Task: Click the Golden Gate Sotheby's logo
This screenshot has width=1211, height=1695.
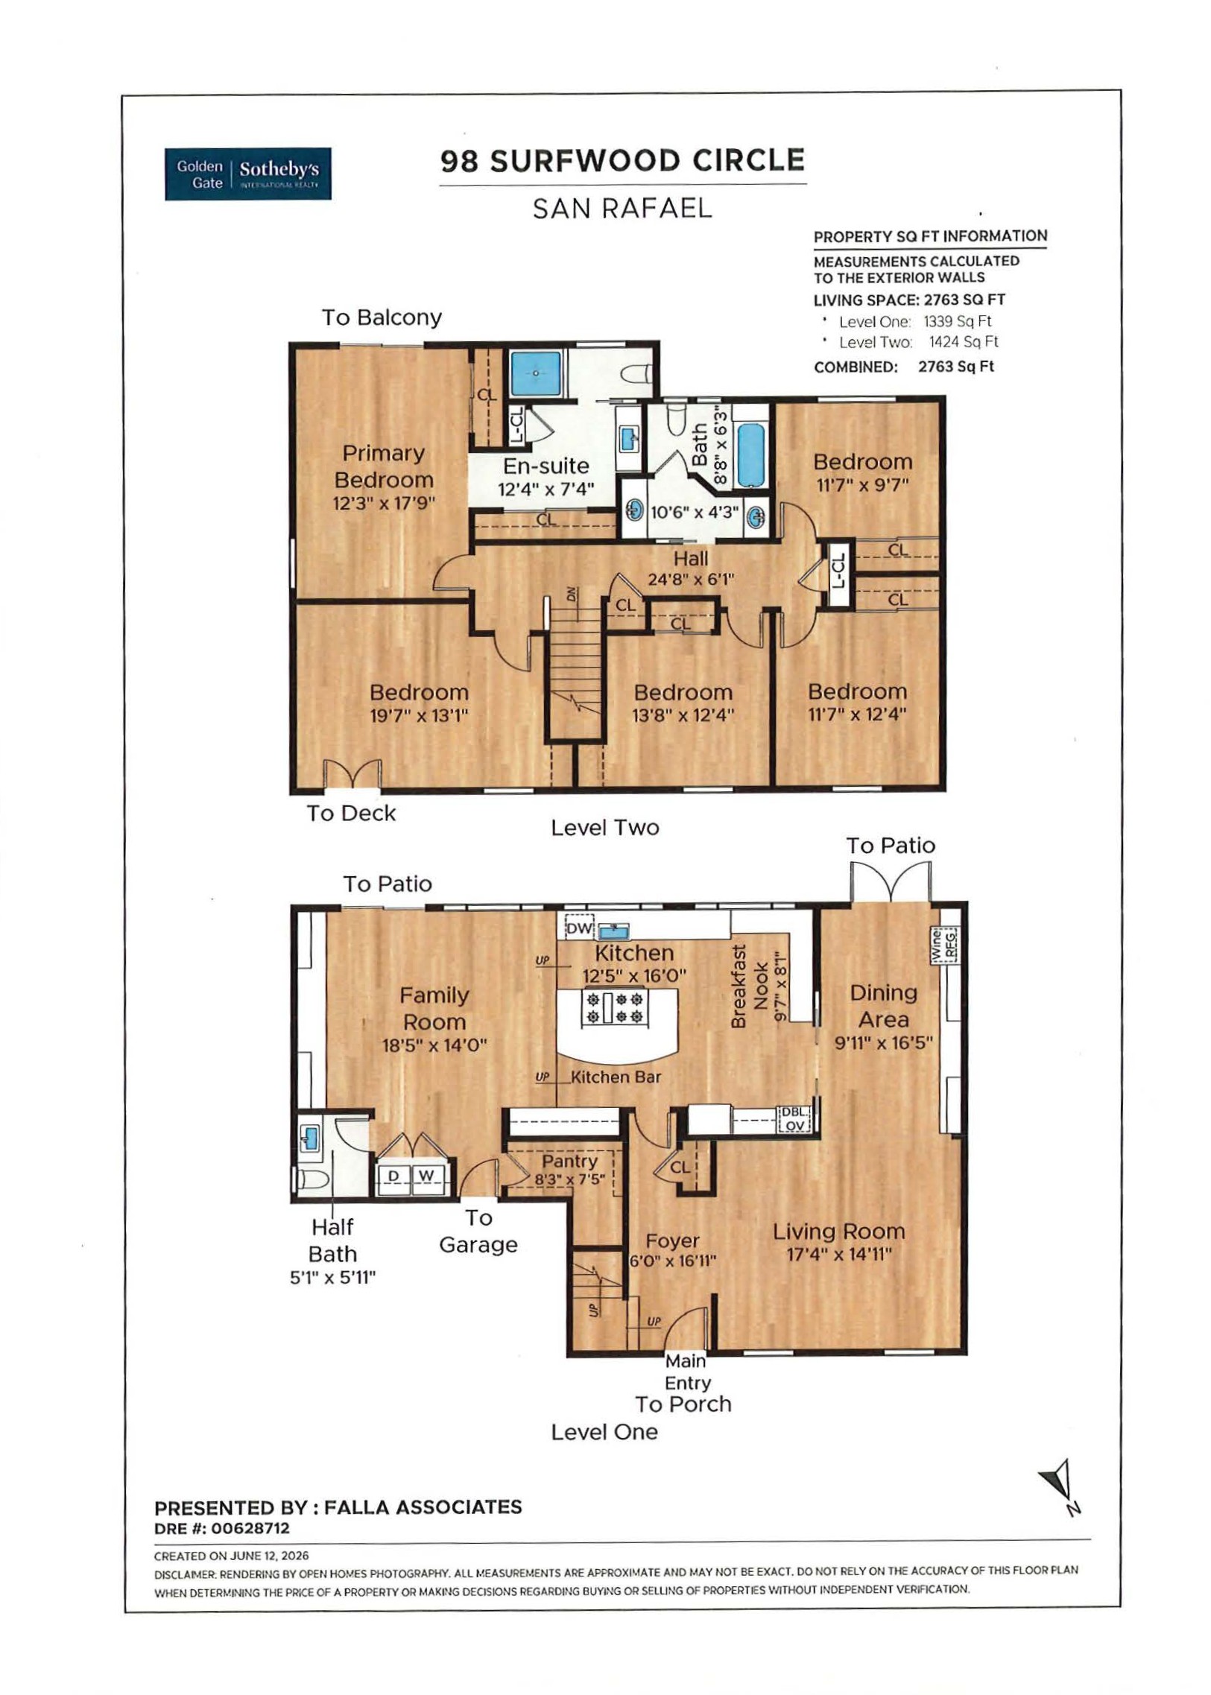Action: point(247,174)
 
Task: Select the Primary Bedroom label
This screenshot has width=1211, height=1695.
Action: point(383,466)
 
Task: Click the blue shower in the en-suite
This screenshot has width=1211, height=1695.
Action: point(535,373)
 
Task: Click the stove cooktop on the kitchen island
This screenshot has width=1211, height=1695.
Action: point(616,1007)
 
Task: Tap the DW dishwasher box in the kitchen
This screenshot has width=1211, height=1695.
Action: point(579,928)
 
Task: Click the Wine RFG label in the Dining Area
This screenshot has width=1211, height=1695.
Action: point(944,944)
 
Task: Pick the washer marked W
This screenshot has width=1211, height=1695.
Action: point(426,1176)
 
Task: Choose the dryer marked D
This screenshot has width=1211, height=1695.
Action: point(393,1176)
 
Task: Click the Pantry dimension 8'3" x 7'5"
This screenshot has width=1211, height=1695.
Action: point(569,1179)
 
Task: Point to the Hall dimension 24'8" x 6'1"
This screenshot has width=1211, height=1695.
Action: point(692,579)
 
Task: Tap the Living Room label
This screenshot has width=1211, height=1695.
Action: point(838,1232)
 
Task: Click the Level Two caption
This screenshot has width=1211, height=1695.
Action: point(604,827)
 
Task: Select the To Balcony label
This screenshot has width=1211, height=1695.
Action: point(382,317)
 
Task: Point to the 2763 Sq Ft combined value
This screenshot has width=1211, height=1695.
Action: point(956,367)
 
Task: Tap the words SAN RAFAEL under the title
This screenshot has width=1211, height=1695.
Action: point(623,209)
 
